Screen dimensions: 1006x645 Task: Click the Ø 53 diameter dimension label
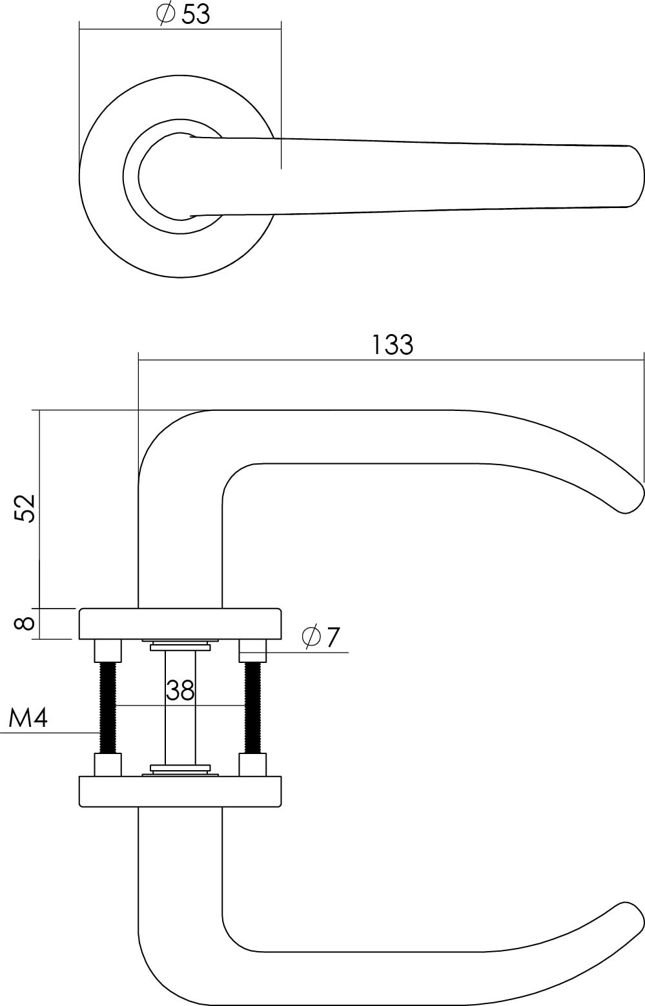click(x=184, y=14)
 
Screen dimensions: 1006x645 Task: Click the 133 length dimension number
click(x=392, y=345)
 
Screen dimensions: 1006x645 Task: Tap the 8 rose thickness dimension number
click(x=25, y=624)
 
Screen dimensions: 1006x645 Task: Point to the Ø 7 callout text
click(x=320, y=638)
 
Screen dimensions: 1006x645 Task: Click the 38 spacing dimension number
click(x=180, y=691)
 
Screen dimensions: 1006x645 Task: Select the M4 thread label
click(x=28, y=718)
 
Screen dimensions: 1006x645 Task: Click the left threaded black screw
click(x=108, y=707)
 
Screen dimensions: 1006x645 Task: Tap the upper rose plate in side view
click(x=180, y=624)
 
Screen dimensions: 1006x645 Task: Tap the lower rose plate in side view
click(x=180, y=791)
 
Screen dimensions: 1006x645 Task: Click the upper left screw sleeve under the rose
click(x=108, y=650)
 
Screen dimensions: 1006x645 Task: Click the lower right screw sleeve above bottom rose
click(x=252, y=764)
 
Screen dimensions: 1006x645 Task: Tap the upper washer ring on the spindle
click(x=180, y=645)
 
